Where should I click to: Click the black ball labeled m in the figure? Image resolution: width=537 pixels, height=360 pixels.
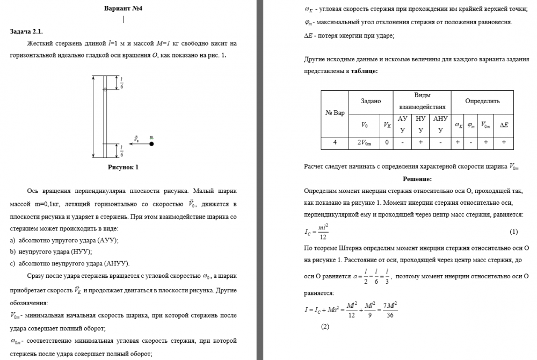[x=151, y=144]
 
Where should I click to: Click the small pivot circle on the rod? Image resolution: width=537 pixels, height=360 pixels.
[x=105, y=89]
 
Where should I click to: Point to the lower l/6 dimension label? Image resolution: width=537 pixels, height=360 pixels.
[x=122, y=150]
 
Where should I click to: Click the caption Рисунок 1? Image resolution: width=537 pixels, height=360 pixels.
[x=123, y=167]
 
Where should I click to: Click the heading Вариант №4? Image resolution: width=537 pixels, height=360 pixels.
[x=123, y=8]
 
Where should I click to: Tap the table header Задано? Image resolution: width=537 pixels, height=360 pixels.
[x=371, y=101]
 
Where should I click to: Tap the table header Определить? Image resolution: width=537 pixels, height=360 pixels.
[x=482, y=101]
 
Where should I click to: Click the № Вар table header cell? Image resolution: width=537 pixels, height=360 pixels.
[x=335, y=113]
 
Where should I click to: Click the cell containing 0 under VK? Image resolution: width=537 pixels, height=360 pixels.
[x=386, y=142]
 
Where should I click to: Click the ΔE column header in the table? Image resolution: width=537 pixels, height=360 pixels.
[x=504, y=125]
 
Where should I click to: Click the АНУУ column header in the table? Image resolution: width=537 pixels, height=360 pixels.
[x=440, y=124]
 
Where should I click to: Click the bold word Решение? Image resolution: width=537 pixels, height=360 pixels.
[x=417, y=179]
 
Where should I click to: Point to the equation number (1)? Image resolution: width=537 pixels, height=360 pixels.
[x=513, y=232]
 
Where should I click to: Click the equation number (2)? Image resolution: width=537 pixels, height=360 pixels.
[x=324, y=326]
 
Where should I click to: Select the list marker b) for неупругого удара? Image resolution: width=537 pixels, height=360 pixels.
[x=13, y=251]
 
